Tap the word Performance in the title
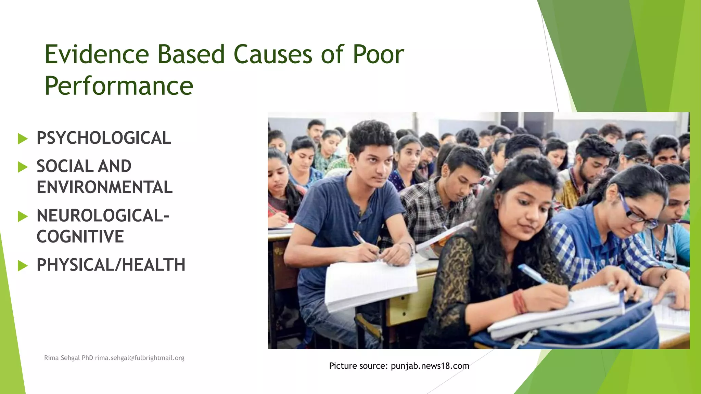[x=119, y=86]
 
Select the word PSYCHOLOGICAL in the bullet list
[x=104, y=138]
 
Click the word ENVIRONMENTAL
[x=104, y=187]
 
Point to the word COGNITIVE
[x=80, y=237]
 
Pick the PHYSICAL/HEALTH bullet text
[x=111, y=265]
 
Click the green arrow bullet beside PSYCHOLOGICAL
[x=23, y=139]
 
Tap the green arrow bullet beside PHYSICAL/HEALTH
[x=23, y=266]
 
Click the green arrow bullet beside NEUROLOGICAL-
[x=23, y=216]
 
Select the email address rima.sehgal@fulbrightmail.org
[x=140, y=358]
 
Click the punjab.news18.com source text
[x=430, y=366]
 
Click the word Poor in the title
[x=378, y=54]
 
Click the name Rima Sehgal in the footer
[x=62, y=358]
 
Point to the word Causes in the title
[x=273, y=54]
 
